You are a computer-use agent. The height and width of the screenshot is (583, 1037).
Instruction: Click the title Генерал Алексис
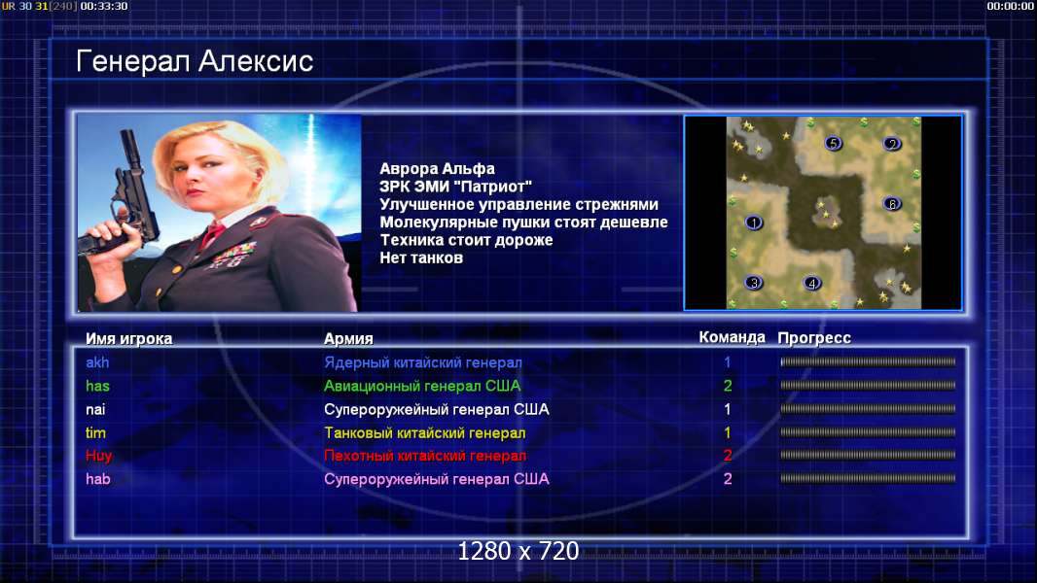[x=195, y=61]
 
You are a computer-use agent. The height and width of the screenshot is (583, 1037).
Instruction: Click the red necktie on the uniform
[x=213, y=233]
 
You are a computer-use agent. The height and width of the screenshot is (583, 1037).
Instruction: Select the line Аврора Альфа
[x=437, y=169]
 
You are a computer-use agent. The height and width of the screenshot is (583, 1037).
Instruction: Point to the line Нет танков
[x=421, y=258]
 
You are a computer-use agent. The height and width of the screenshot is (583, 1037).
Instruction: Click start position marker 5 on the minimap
[x=834, y=143]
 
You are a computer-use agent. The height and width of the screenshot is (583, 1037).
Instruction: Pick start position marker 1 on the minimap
[x=754, y=223]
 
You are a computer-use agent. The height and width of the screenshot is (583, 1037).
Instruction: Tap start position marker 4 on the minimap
[x=812, y=284]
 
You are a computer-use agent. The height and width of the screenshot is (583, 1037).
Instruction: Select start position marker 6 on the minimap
[x=892, y=203]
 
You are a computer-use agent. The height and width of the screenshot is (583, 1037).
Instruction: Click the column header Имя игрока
[x=129, y=339]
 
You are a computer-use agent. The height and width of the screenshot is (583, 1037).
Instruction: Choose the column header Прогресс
[x=814, y=338]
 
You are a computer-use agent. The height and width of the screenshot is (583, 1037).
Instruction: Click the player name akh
[x=97, y=362]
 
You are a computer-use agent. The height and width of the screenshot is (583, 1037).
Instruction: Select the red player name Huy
[x=98, y=456]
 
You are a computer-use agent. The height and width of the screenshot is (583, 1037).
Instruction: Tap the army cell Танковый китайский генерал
[x=424, y=433]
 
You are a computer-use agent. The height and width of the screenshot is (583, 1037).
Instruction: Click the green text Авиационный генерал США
[x=422, y=387]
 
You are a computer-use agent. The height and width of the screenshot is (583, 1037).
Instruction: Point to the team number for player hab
[x=728, y=479]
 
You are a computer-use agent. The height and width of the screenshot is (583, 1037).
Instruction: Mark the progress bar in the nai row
[x=868, y=409]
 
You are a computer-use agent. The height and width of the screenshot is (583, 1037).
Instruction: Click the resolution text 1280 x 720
[x=518, y=551]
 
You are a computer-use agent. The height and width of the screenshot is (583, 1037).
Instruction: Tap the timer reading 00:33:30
[x=104, y=6]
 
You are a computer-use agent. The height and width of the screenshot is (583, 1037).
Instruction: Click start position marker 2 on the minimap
[x=892, y=143]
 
